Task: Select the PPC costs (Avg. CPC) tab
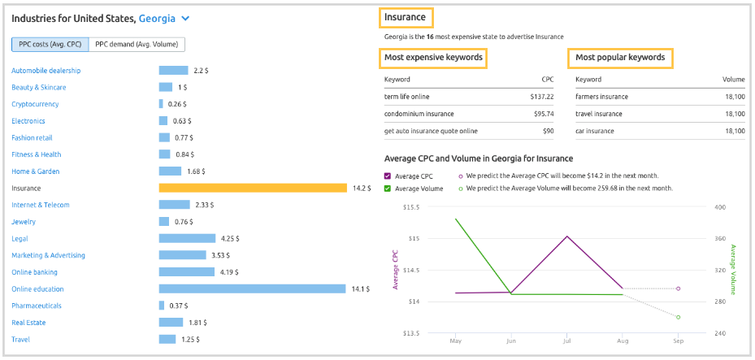click(x=50, y=45)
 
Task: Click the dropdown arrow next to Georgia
click(x=186, y=18)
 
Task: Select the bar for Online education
click(x=252, y=288)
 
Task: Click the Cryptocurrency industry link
click(x=35, y=104)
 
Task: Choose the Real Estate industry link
click(x=28, y=323)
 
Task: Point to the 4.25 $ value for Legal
click(x=230, y=238)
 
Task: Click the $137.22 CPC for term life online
click(x=536, y=97)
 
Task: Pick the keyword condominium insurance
click(x=419, y=114)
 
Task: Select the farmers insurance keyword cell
click(x=601, y=97)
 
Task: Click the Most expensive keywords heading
click(x=433, y=58)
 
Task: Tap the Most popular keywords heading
click(x=620, y=58)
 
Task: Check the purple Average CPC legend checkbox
click(x=388, y=176)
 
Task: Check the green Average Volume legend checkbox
click(x=388, y=189)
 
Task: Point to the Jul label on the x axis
click(x=566, y=340)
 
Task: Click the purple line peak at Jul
click(x=566, y=236)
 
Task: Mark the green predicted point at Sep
click(x=678, y=317)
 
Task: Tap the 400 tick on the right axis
click(x=720, y=207)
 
